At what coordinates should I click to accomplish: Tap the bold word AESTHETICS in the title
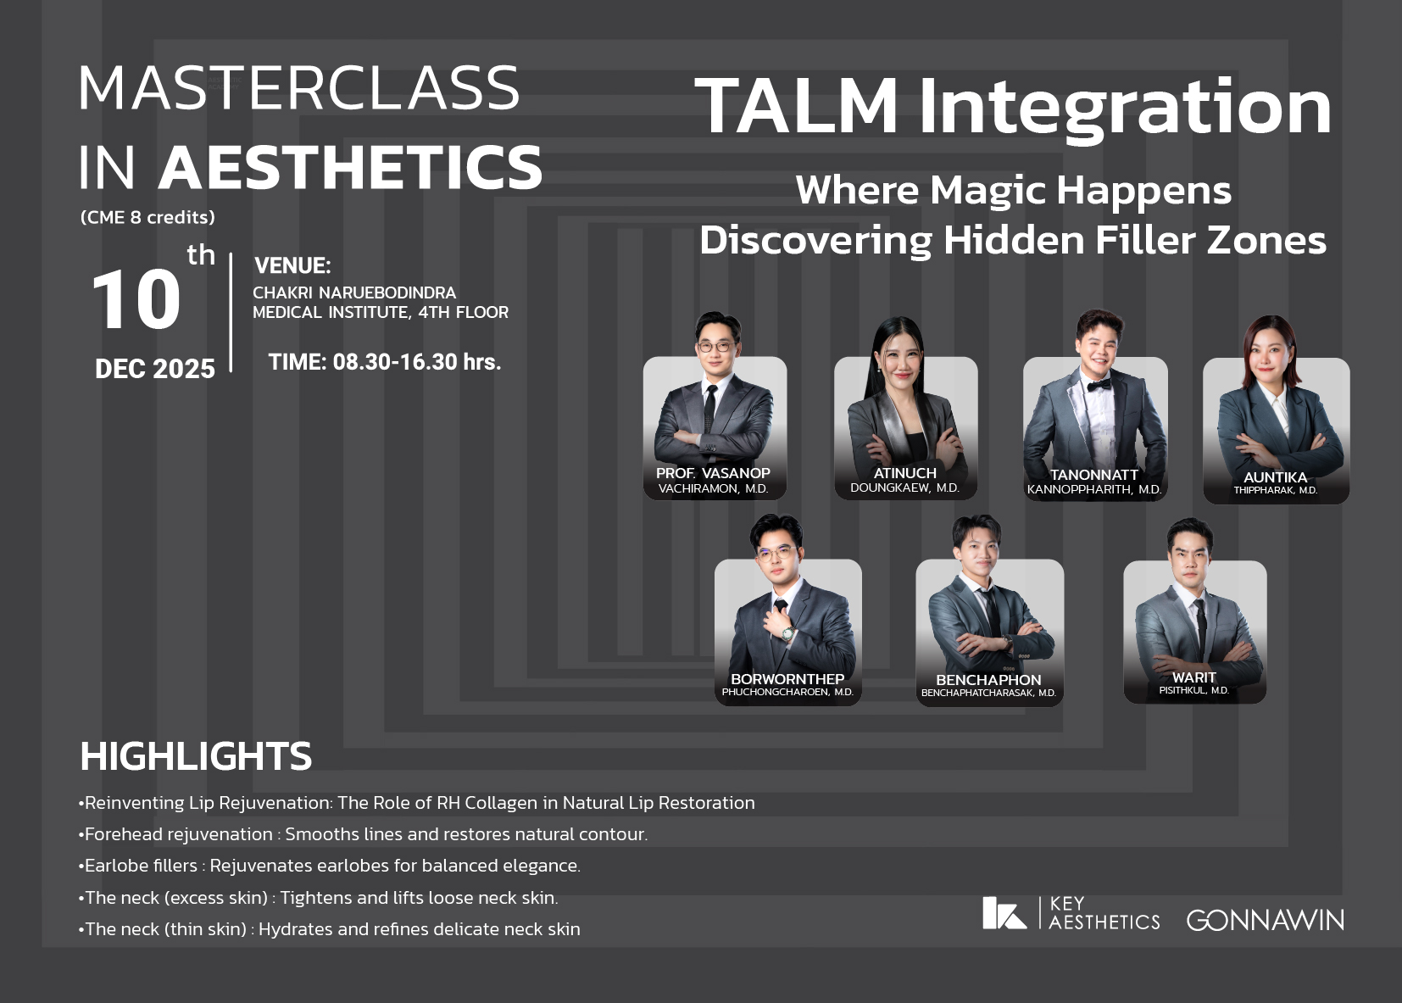[351, 166]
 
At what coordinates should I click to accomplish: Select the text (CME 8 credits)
[147, 217]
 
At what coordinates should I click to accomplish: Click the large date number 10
[136, 299]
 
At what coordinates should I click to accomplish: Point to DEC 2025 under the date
[154, 369]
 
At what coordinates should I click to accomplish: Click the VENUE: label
[292, 265]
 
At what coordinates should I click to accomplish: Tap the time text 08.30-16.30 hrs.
[417, 362]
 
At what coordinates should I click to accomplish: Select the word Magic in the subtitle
[988, 191]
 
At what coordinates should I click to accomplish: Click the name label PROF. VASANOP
[713, 473]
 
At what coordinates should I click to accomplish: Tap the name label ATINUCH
[905, 473]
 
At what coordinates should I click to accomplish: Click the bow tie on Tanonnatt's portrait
[1099, 384]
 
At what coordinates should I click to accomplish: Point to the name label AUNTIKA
[1275, 477]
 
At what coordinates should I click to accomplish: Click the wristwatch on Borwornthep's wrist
[788, 633]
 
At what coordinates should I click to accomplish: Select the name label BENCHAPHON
[988, 680]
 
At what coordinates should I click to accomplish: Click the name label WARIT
[1194, 677]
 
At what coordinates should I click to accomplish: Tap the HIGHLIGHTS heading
[196, 756]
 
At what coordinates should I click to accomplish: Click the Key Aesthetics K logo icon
[1004, 913]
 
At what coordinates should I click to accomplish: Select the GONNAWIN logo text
[1265, 921]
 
